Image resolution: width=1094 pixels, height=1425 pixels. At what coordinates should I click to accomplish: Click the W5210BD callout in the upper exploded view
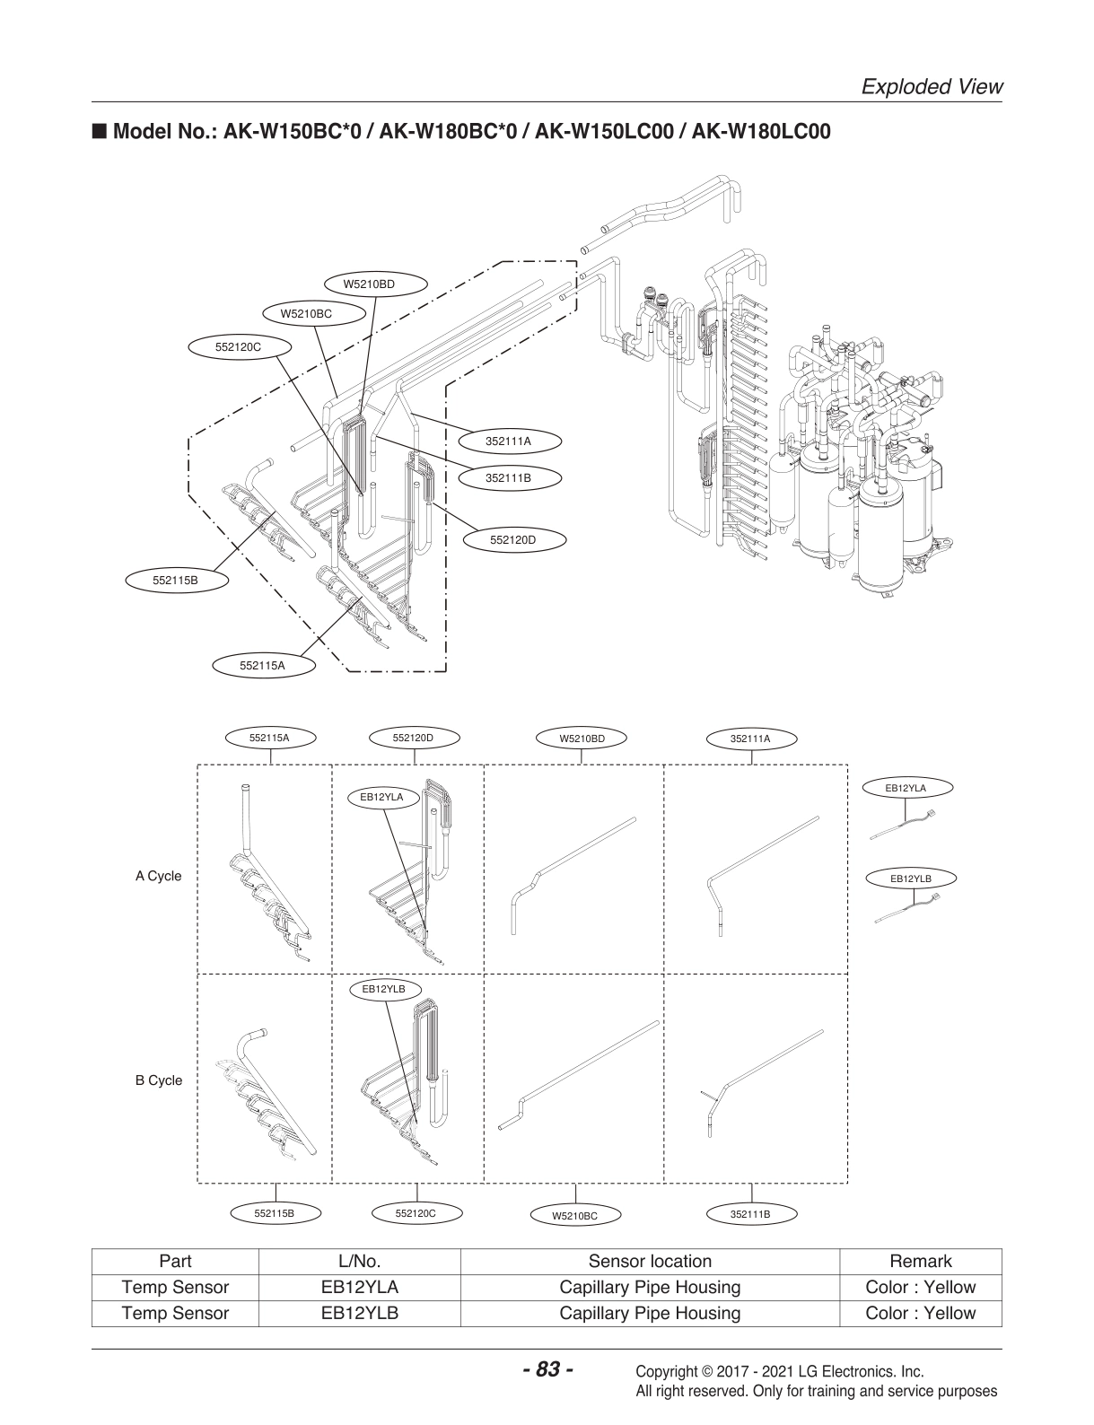369,284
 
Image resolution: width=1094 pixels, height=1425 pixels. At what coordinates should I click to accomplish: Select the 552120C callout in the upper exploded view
238,345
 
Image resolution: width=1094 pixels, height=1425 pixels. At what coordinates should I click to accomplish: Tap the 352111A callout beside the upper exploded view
508,441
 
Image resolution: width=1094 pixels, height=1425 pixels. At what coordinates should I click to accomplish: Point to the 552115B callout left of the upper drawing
175,581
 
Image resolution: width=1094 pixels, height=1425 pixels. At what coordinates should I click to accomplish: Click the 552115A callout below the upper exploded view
262,666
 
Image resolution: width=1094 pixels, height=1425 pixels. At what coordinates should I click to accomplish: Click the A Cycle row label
158,876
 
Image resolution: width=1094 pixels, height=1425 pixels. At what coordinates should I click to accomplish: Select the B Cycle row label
158,1080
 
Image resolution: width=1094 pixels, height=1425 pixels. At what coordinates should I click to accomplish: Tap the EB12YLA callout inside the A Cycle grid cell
381,796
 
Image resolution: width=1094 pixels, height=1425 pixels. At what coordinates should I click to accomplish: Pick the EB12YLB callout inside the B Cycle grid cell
383,989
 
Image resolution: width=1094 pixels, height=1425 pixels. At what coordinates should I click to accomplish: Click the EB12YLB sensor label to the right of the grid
910,879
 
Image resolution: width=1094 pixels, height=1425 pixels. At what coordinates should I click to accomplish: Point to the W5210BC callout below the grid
574,1216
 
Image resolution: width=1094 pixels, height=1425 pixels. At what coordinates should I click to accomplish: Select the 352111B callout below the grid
750,1214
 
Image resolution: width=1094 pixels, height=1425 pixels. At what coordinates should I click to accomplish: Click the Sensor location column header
649,1261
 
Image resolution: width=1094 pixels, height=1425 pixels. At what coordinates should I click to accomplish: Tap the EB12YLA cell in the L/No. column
359,1287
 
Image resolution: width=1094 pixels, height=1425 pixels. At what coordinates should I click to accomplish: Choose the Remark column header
920,1261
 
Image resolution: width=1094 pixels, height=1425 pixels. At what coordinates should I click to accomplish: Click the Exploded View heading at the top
931,86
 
